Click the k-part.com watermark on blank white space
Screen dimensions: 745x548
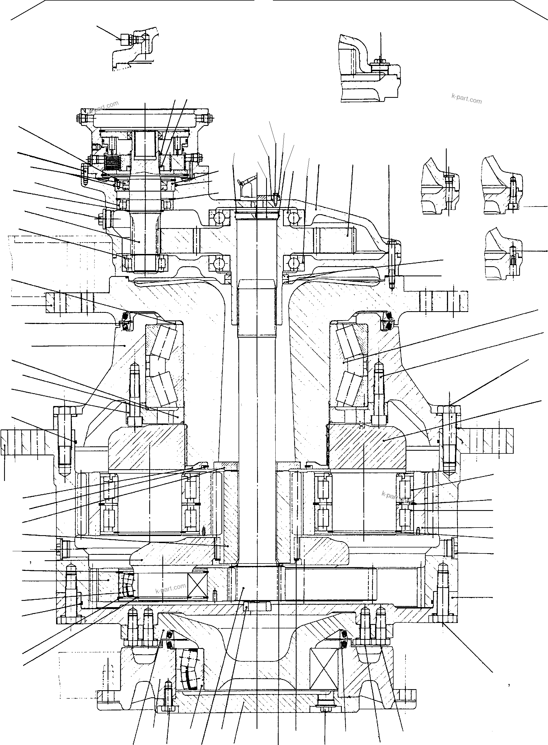coord(466,99)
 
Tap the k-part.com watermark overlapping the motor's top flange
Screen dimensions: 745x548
coord(104,107)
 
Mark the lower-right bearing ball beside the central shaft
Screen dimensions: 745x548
coord(294,263)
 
